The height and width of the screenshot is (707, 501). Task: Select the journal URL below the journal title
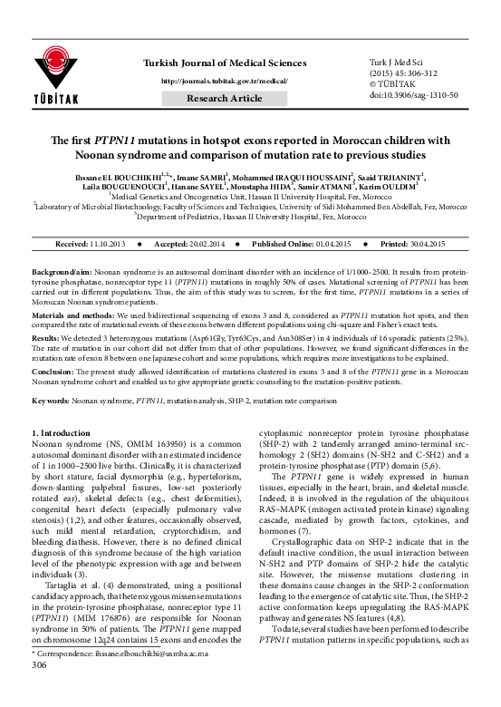(223, 81)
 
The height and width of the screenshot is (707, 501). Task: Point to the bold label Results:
(48, 336)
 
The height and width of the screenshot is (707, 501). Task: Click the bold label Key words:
(51, 400)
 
